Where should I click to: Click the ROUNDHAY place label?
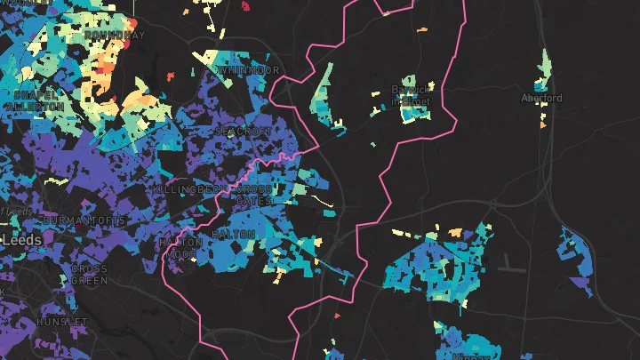[x=115, y=35]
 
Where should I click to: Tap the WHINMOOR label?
[x=248, y=70]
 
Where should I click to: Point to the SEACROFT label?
[x=242, y=131]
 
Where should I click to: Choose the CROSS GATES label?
[x=254, y=196]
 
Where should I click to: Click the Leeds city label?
[x=21, y=240]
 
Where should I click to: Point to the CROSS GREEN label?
[x=89, y=275]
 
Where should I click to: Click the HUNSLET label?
[x=62, y=321]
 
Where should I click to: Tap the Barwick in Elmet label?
[x=411, y=95]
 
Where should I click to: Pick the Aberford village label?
[x=541, y=98]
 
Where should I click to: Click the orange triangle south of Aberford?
[x=542, y=124]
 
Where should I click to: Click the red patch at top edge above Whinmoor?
[x=245, y=6]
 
